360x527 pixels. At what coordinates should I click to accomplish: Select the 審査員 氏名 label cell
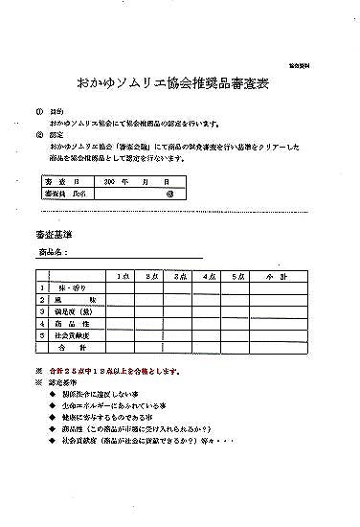pyautogui.click(x=59, y=193)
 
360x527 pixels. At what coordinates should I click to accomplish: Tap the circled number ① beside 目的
pyautogui.click(x=39, y=111)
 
